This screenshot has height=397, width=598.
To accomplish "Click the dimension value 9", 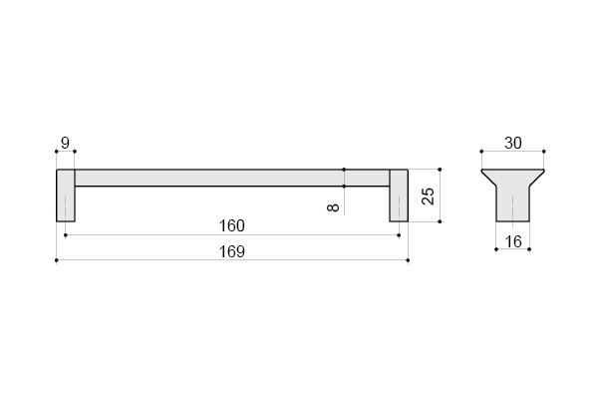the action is [65, 144].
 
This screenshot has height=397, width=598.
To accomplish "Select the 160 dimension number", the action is [232, 225].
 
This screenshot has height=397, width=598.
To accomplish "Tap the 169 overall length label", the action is [232, 251].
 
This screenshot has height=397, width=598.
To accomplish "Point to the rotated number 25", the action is [429, 196].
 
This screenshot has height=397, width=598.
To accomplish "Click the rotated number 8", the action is [333, 207].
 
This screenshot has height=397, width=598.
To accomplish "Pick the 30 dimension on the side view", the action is [513, 144].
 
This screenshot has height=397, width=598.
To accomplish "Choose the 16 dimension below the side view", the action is [513, 241].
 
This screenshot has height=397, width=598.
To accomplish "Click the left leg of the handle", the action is [66, 196].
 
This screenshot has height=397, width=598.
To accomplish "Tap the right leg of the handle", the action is [399, 196].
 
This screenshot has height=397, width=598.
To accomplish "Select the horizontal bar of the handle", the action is [232, 178].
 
